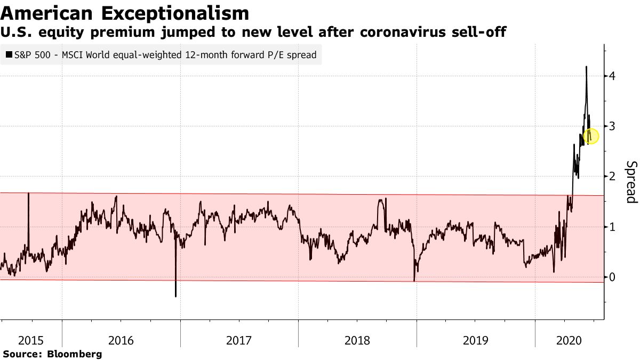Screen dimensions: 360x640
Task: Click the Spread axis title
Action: [x=631, y=182]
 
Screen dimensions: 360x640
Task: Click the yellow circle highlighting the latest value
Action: [x=591, y=136]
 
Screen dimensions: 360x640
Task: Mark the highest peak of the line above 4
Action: [x=586, y=67]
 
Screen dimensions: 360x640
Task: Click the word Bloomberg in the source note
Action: [x=74, y=354]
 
